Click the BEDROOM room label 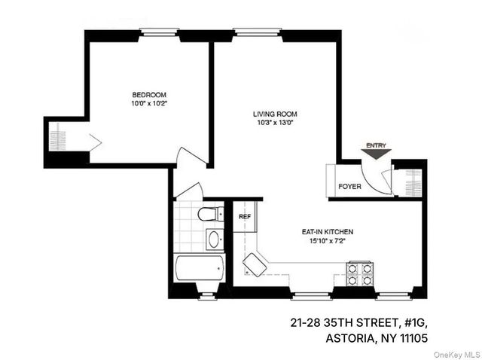point(149,95)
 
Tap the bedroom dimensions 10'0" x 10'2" point(149,105)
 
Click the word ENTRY point(376,145)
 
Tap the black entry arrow point(376,154)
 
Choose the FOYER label point(349,186)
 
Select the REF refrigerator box point(244,217)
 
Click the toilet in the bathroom point(210,215)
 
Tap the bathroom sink point(214,240)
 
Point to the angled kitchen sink point(255,265)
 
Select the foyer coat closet point(411,182)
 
